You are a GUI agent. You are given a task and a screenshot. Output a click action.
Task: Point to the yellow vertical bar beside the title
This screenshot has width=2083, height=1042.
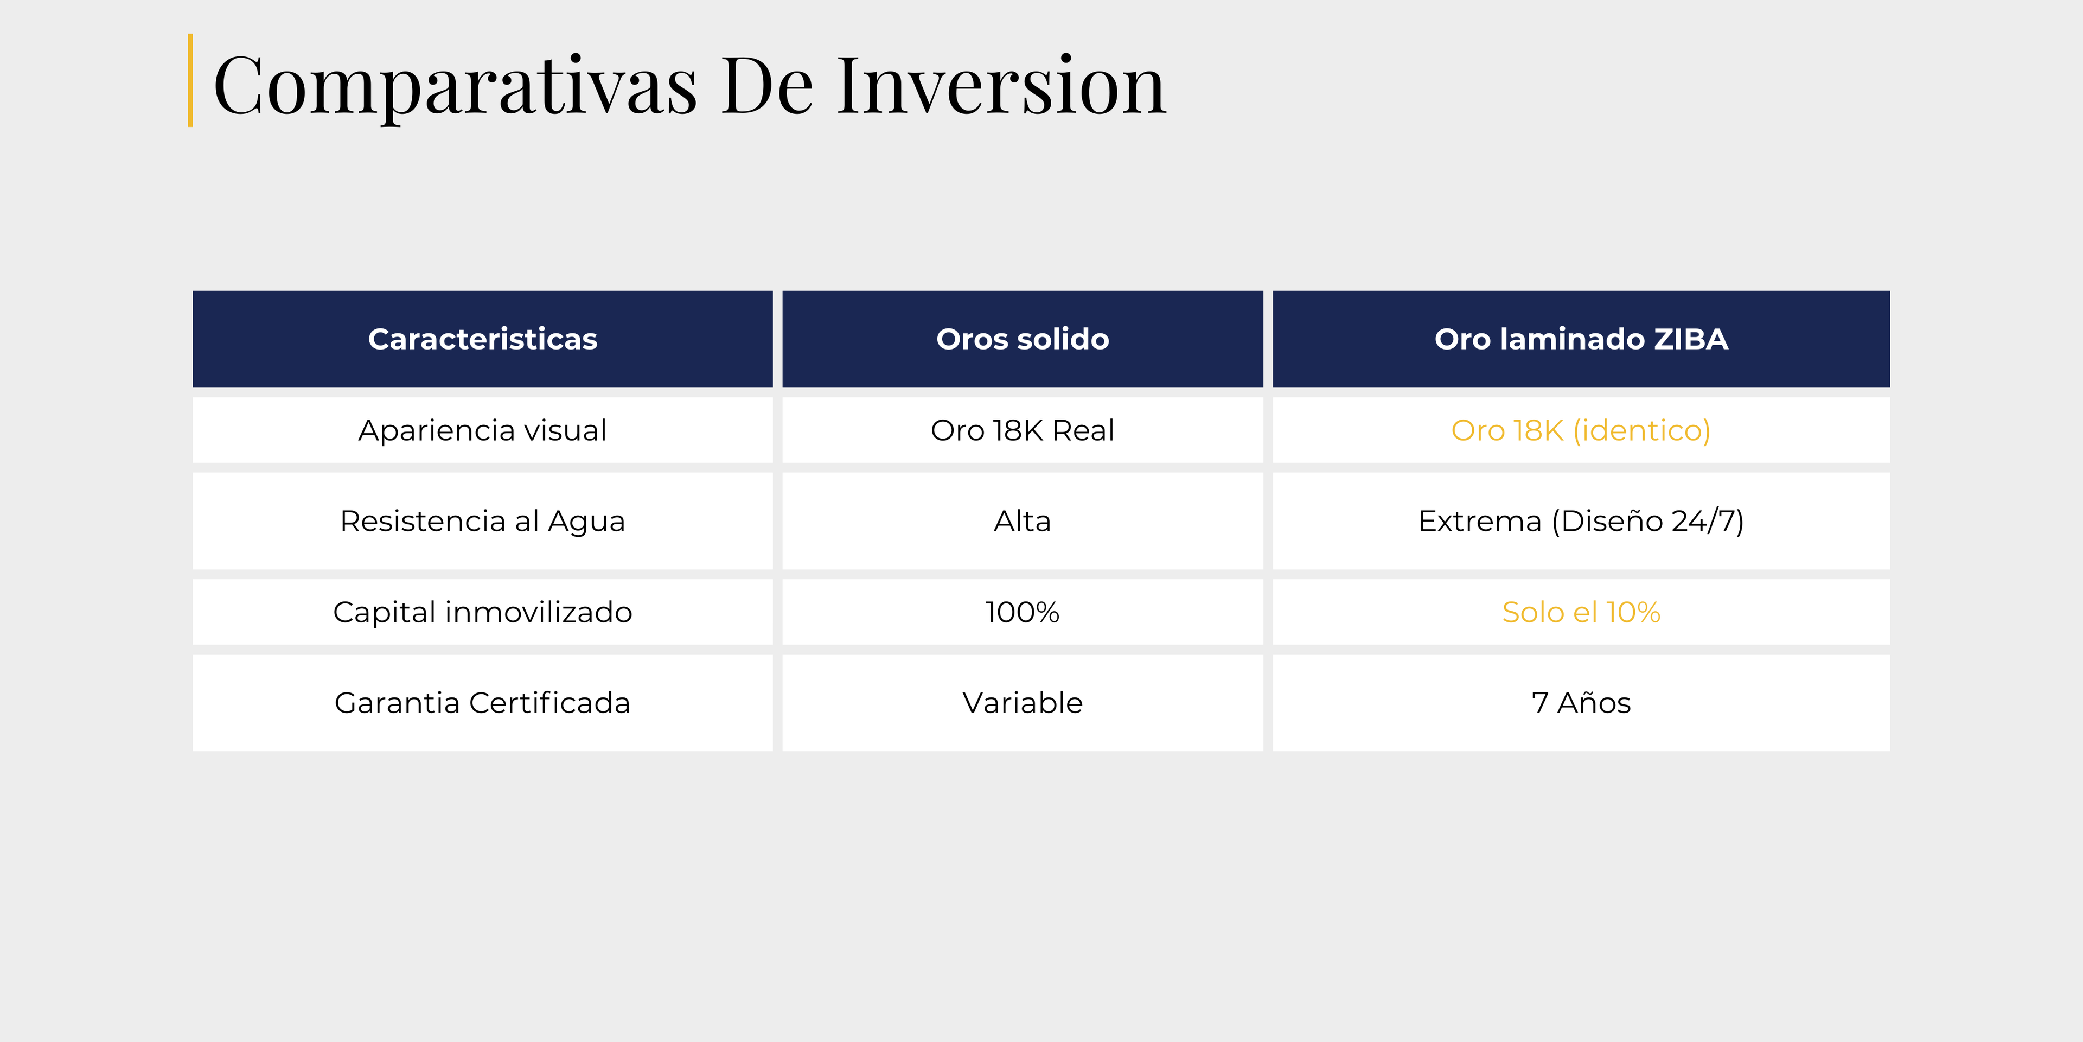point(190,80)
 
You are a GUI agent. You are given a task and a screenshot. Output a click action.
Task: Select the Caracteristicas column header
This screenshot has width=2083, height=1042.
point(483,339)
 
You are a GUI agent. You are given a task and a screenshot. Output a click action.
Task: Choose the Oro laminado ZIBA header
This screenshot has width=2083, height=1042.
point(1581,339)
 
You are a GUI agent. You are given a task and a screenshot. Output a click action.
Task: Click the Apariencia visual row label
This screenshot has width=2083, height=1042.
point(483,430)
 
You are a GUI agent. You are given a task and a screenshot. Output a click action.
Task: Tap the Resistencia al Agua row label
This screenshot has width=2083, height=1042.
point(483,522)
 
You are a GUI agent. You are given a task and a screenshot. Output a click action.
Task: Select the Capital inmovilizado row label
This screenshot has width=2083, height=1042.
point(483,612)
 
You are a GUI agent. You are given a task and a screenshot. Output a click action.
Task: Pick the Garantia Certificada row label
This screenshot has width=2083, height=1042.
point(483,703)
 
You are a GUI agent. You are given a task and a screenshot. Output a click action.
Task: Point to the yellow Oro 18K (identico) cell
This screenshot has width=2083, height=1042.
point(1581,430)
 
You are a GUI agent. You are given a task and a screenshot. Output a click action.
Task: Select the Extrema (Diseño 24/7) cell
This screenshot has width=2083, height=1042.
point(1581,522)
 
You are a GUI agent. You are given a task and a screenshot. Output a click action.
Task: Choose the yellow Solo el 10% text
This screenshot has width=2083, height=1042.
point(1581,612)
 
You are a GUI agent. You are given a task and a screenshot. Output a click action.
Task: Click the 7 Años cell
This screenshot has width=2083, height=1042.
point(1581,703)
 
